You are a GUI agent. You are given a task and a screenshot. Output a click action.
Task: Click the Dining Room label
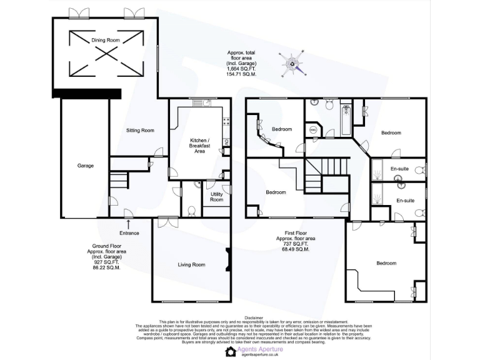(106, 40)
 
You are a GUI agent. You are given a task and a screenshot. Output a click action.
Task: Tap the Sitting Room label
(140, 131)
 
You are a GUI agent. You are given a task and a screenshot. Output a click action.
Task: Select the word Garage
(86, 166)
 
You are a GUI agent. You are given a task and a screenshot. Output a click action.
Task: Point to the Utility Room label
(216, 197)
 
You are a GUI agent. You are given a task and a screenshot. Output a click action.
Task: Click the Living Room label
(191, 264)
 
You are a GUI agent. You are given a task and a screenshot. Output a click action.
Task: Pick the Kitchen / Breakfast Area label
(200, 146)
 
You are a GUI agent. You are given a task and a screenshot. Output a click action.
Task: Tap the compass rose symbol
(293, 63)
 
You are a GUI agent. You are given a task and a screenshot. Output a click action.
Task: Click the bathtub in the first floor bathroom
(347, 120)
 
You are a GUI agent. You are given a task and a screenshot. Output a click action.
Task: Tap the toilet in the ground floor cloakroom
(197, 185)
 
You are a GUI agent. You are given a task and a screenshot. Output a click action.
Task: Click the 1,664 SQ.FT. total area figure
(241, 69)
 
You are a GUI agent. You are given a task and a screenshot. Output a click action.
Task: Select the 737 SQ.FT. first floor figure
(297, 244)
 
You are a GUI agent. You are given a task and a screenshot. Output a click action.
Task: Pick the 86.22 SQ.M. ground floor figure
(104, 267)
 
